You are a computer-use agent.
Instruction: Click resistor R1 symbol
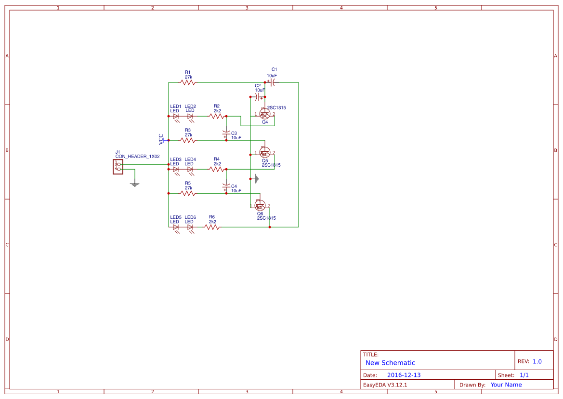(x=188, y=82)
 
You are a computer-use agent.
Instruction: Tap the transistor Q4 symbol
(x=264, y=114)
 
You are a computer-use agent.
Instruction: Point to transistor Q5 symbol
(x=264, y=152)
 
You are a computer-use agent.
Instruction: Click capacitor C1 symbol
(x=273, y=82)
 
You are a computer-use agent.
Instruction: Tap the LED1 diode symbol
(x=176, y=116)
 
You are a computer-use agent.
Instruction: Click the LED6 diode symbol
(x=190, y=227)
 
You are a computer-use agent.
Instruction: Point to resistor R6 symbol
(x=212, y=227)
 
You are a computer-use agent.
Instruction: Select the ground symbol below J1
(x=135, y=184)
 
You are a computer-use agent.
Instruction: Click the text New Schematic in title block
(x=390, y=363)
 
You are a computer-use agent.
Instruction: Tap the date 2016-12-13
(x=404, y=375)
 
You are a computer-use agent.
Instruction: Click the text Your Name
(x=506, y=385)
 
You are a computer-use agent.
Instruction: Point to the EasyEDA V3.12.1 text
(x=385, y=385)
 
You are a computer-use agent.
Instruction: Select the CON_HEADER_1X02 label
(x=137, y=157)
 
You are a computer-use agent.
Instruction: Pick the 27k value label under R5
(x=188, y=188)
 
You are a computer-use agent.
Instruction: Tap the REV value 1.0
(x=537, y=361)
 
